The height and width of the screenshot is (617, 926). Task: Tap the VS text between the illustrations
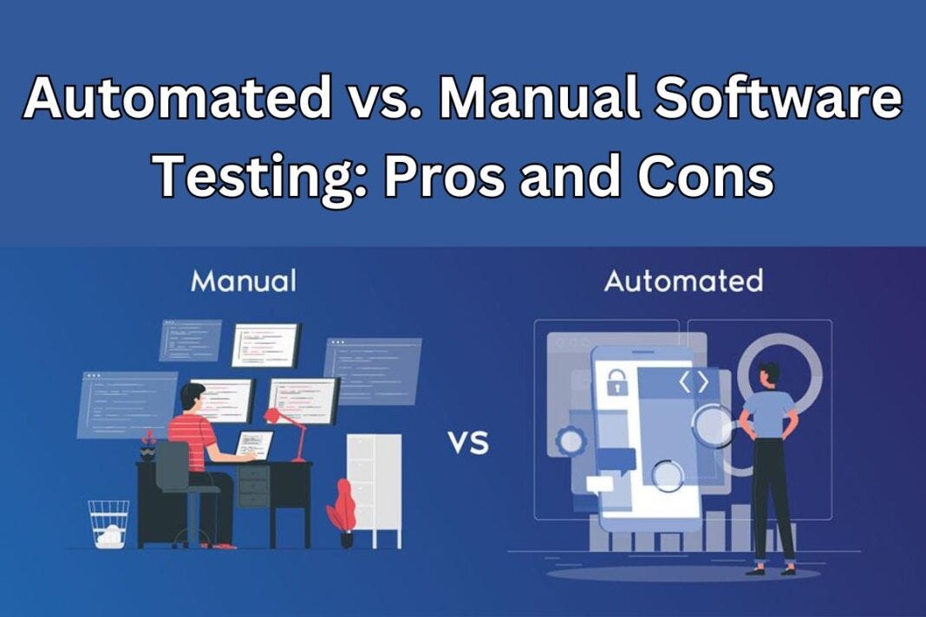pyautogui.click(x=468, y=444)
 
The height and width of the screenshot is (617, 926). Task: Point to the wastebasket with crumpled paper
pyautogui.click(x=108, y=523)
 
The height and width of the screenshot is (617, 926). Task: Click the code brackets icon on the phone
pyautogui.click(x=693, y=381)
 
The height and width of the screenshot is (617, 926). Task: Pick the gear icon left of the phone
pyautogui.click(x=571, y=441)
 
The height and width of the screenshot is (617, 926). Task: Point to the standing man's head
pyautogui.click(x=769, y=374)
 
